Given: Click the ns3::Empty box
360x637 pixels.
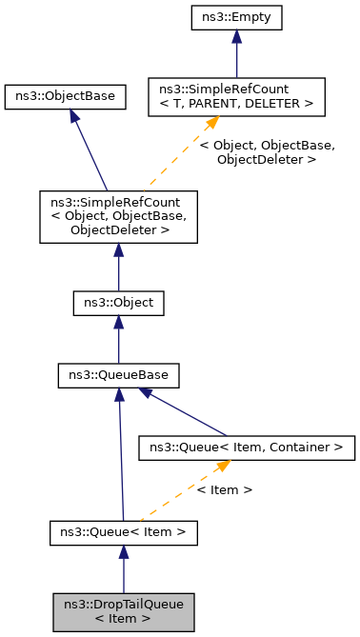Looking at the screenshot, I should coord(237,18).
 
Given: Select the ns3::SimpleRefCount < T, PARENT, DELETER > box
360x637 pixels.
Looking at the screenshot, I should coord(237,96).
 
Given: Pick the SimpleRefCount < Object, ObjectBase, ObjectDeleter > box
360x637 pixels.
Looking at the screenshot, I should coord(118,215).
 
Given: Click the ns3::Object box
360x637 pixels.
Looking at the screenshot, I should coord(118,304).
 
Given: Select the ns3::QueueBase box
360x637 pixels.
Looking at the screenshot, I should coord(118,375).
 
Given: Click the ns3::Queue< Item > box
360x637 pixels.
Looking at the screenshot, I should coord(123,531).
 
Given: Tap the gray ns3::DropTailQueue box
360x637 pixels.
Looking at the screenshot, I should coord(123,611).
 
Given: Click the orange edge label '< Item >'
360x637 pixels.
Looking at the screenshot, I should coord(224,489).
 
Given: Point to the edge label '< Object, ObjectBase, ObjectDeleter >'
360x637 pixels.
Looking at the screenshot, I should coord(266,152).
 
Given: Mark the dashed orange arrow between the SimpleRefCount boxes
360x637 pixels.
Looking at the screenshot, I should coord(181,152).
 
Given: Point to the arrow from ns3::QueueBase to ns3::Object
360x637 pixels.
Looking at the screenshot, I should coord(118,339).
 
